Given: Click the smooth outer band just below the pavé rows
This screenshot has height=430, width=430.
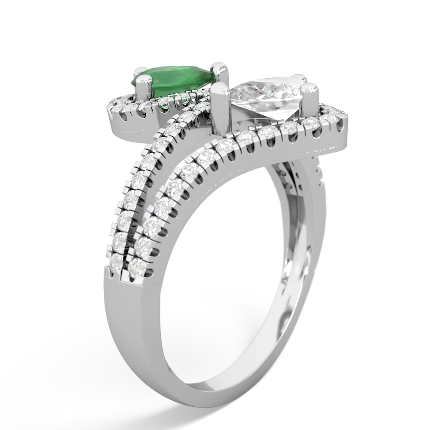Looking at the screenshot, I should (x=142, y=292).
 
